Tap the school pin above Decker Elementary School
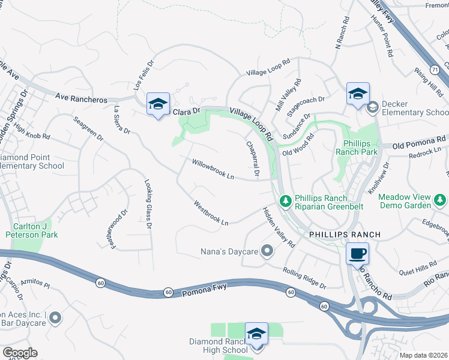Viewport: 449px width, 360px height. (358, 94)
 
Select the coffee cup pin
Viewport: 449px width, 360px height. (357, 253)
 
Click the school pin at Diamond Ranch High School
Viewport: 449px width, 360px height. (256, 334)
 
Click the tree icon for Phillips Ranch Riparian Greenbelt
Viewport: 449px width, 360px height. (286, 199)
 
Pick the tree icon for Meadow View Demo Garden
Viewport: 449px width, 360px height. (441, 199)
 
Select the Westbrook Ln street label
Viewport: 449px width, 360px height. (211, 213)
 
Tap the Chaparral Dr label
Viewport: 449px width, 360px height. (252, 160)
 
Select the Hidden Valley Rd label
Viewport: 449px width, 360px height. (278, 227)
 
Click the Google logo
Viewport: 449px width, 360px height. (20, 352)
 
